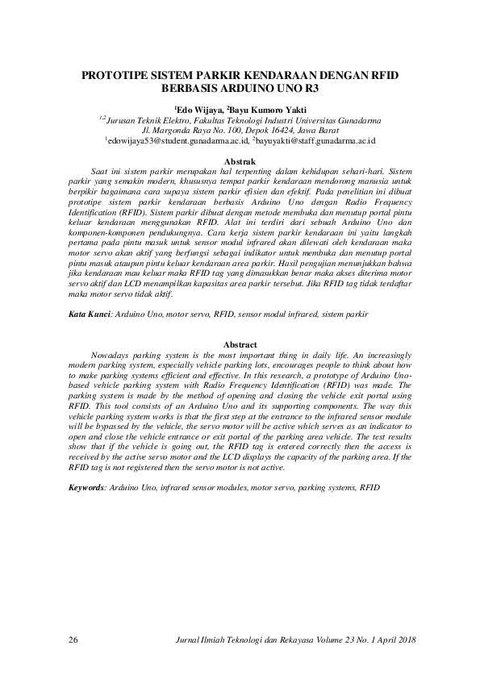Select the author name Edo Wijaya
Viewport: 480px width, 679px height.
click(x=195, y=107)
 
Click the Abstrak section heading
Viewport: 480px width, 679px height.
click(x=240, y=162)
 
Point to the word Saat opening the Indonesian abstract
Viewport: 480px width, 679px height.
click(x=102, y=173)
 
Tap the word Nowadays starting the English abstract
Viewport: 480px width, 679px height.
click(x=117, y=355)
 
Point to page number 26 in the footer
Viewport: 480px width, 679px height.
click(x=74, y=640)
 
